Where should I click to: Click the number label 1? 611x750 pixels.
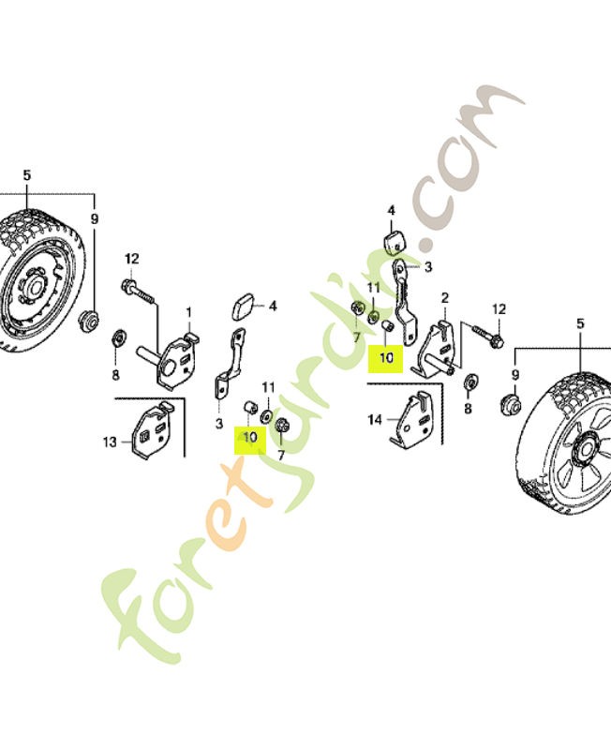point(189,313)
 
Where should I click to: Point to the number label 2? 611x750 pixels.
point(445,298)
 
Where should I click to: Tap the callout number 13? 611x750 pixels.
point(110,442)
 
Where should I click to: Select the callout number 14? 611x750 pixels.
point(375,420)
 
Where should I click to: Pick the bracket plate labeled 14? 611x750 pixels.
point(410,419)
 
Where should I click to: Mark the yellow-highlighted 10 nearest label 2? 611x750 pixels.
point(386,358)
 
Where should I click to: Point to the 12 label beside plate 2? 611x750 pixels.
point(499,309)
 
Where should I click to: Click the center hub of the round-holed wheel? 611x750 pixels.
point(35,287)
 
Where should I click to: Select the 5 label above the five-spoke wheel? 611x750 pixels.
point(580,323)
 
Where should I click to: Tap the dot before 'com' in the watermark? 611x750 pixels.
point(426,245)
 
